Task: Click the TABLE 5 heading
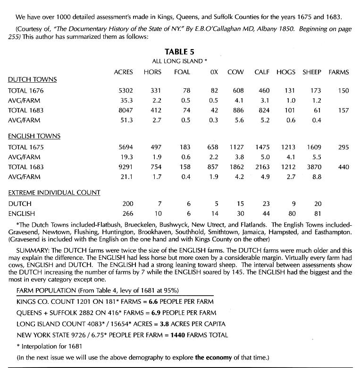coord(179,52)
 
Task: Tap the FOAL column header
coord(182,72)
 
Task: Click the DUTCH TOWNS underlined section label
coord(32,79)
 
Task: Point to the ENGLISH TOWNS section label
coord(34,137)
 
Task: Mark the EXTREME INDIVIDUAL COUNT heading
coord(54,193)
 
